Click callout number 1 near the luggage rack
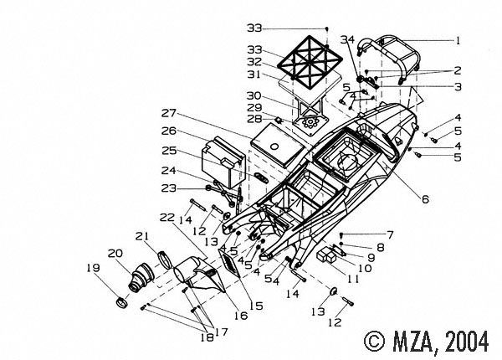457,39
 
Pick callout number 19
92,269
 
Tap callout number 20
115,252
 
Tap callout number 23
168,188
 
